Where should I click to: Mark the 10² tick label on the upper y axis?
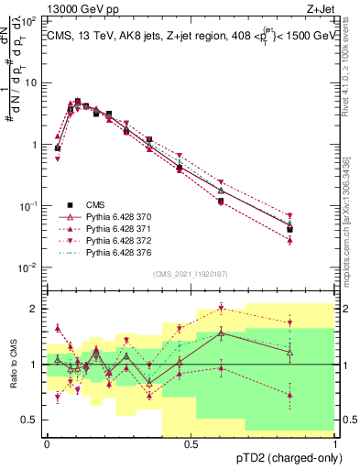point(29,20)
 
